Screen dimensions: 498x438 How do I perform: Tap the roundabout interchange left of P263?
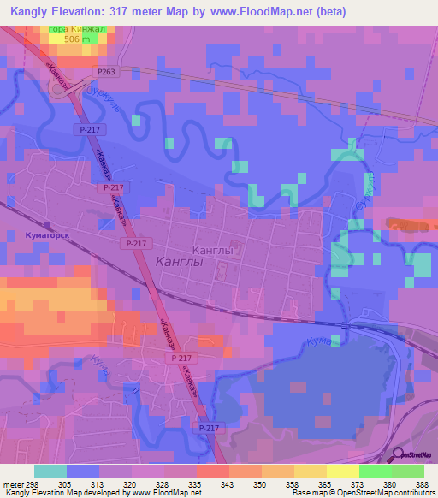(x=62, y=89)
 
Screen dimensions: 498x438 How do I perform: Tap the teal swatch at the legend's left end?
(x=50, y=471)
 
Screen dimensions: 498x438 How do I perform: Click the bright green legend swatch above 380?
(x=375, y=471)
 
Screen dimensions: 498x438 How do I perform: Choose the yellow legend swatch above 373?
(x=342, y=471)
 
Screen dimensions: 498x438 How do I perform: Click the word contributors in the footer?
(x=412, y=493)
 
